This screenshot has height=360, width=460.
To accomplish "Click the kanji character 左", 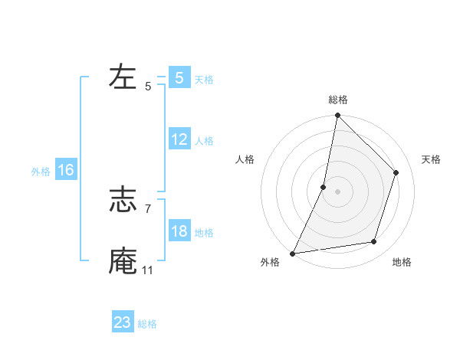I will pos(123,77).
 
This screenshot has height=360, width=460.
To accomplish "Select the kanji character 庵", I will pos(123,260).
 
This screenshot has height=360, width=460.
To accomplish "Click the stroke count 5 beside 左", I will pos(148,87).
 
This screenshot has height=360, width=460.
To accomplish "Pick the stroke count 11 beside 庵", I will pos(148,270).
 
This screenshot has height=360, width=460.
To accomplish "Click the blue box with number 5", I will pos(179,77).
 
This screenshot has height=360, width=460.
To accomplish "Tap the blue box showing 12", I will pos(179,139).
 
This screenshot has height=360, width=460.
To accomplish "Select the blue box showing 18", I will pos(179,231).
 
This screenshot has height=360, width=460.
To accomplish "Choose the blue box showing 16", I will pos(66,170).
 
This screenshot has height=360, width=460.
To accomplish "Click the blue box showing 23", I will pos(123,322).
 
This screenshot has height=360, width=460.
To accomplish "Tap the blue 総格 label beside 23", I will pos(147,324).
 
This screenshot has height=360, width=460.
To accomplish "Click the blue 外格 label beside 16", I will pos(41,172).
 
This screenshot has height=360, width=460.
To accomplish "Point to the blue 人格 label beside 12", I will pos(204,141).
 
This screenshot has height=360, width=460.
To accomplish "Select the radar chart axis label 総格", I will pos(337,100).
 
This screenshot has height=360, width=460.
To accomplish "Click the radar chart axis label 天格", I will pos(432,159).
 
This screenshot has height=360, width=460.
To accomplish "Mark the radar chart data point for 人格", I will pos(324,187).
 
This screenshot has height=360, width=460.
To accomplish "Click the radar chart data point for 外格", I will pos(293,253).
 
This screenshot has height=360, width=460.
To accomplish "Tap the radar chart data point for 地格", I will pos(374,242).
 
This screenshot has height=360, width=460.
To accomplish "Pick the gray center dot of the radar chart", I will pos(337,191).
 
